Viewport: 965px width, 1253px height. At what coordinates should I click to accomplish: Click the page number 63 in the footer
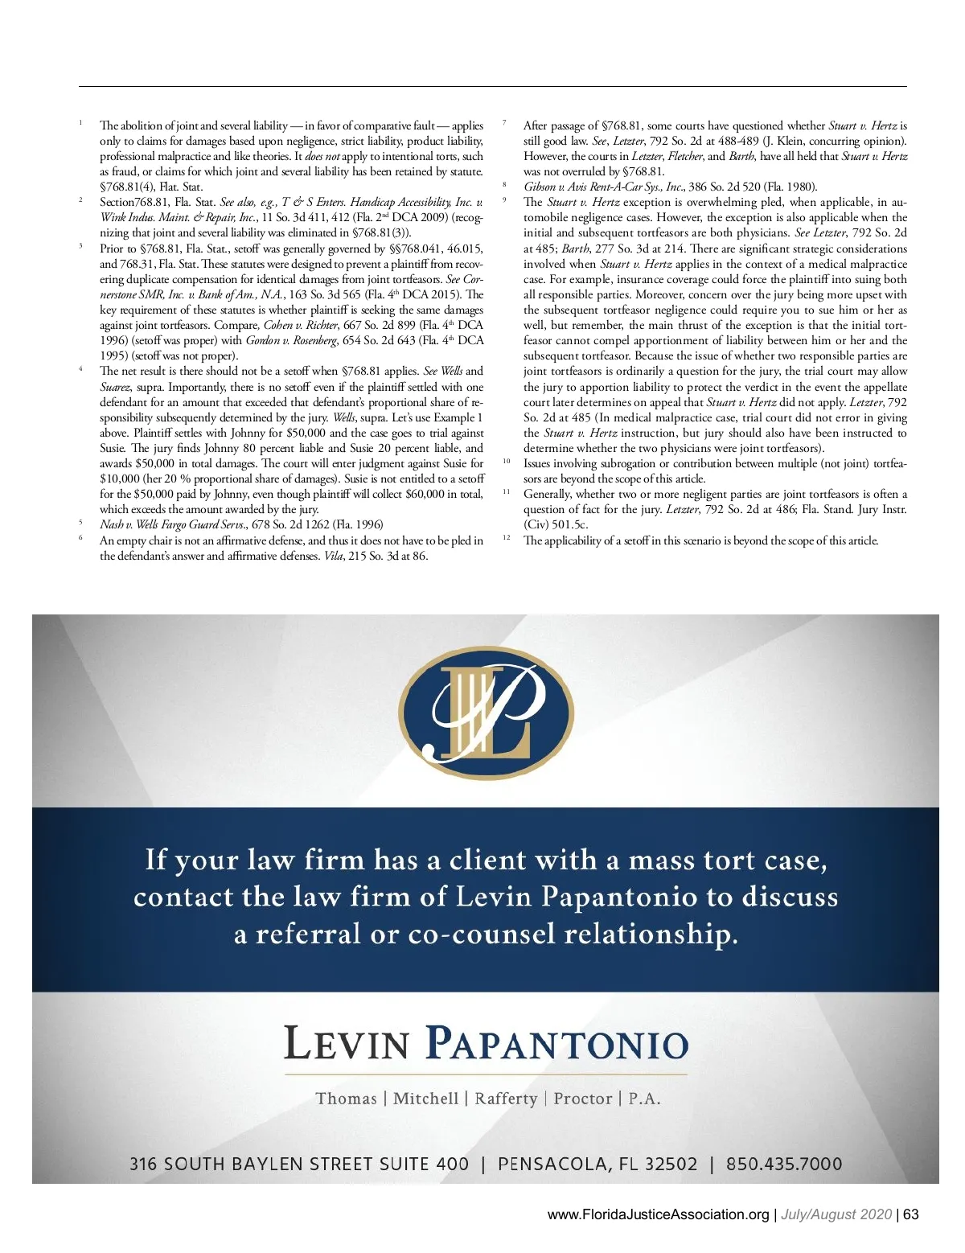pos(910,1214)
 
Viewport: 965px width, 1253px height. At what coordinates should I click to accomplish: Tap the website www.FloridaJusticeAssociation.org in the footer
pos(658,1214)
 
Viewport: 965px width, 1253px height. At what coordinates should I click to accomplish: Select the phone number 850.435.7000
pos(784,1164)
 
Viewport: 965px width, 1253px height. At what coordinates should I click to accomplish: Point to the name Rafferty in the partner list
pos(506,1099)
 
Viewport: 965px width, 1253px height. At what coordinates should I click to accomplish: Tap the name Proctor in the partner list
pos(582,1099)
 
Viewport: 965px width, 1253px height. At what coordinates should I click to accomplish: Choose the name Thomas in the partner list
pos(346,1099)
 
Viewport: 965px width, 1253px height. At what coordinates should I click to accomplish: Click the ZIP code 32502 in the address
pos(670,1164)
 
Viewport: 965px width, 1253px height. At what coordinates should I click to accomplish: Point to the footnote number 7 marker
pos(503,123)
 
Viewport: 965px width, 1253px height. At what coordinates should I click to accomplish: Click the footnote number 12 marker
pos(507,537)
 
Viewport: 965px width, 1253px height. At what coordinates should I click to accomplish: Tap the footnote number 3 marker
pos(80,246)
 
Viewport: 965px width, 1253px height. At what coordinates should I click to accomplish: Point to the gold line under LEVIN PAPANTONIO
pos(486,1074)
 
